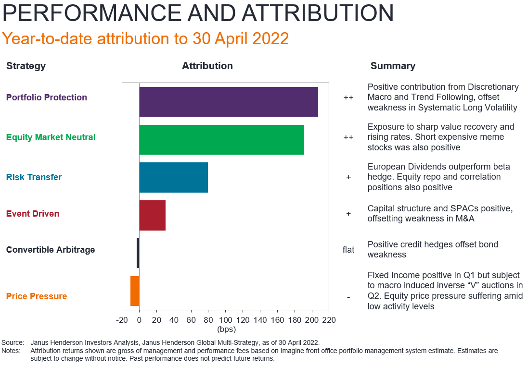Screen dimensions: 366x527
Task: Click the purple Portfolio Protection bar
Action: (229, 102)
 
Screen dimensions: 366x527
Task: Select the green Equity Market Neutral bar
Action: (221, 140)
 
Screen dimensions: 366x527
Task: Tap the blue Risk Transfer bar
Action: (173, 177)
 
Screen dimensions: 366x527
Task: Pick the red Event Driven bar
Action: (152, 215)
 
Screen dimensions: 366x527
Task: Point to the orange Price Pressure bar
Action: (135, 291)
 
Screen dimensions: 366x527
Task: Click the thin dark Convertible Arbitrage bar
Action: (138, 253)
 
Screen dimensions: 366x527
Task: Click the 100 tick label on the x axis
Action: (225, 320)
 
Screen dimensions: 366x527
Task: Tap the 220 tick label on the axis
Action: (329, 320)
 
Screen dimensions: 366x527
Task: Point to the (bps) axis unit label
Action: (226, 329)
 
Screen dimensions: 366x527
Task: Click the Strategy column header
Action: (26, 66)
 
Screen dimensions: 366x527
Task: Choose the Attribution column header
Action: (207, 66)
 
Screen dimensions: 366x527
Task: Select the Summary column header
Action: (393, 66)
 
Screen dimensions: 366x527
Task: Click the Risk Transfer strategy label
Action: (34, 177)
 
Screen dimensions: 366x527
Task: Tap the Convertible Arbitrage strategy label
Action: (51, 250)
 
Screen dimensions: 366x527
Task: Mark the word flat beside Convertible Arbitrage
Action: (348, 250)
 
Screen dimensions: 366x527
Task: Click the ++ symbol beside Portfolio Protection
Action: (348, 98)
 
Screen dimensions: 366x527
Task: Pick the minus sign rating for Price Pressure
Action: (348, 297)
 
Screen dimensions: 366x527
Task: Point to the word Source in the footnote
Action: (13, 342)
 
